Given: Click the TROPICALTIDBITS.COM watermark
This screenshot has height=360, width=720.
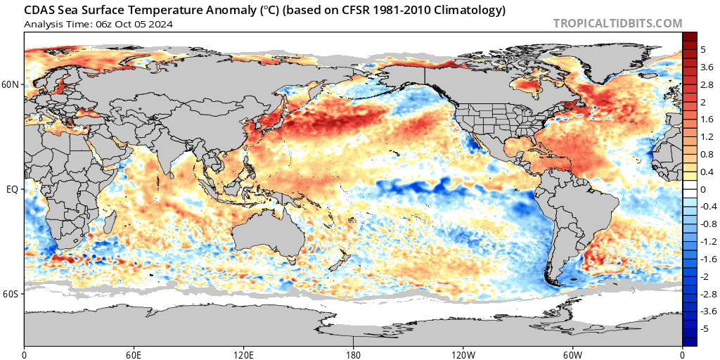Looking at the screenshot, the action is [617, 23].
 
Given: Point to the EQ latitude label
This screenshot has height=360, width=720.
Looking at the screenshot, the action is [15, 188].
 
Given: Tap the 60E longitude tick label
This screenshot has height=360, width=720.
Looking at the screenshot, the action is [134, 354].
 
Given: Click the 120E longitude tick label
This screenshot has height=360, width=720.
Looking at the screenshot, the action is [243, 354].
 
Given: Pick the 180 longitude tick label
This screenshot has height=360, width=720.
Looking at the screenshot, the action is [353, 354].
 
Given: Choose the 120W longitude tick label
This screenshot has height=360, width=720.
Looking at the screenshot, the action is [463, 354].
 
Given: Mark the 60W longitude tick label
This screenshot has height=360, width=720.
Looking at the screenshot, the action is [572, 354].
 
